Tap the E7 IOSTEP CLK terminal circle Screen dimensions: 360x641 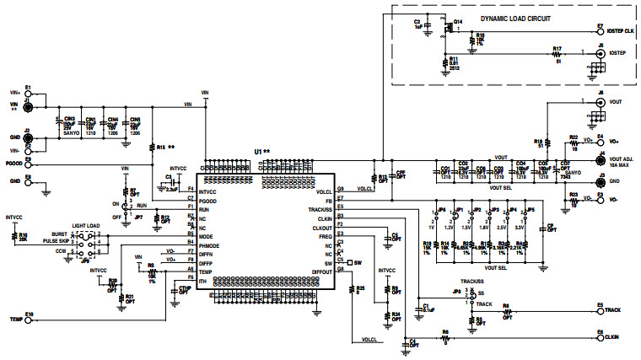(600, 30)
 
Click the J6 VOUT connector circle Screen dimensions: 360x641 (600, 101)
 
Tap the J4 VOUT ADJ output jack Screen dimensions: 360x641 (600, 159)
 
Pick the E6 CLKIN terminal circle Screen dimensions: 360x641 (600, 337)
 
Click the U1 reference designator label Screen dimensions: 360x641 (260, 153)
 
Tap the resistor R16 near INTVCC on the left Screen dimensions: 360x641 (14, 235)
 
